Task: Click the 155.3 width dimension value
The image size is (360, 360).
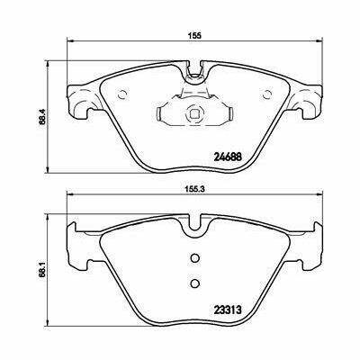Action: [193, 191]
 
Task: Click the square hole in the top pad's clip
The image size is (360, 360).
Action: [193, 113]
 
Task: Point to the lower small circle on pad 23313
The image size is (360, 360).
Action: [193, 284]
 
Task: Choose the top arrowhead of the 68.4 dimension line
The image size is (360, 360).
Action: [46, 64]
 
